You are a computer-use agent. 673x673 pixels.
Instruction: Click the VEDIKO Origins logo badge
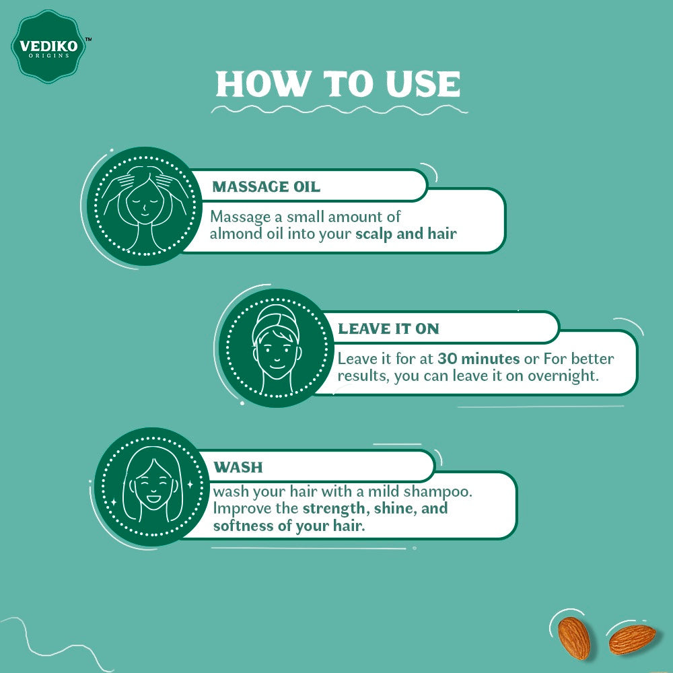click(x=48, y=46)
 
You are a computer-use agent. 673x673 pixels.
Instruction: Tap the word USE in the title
click(x=423, y=83)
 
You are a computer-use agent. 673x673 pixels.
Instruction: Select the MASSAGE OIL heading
click(x=266, y=186)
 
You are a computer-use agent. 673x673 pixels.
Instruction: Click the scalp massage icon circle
click(x=145, y=206)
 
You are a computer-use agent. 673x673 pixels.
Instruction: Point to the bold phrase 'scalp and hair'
click(x=406, y=234)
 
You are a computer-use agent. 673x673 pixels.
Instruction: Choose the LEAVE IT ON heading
click(x=388, y=329)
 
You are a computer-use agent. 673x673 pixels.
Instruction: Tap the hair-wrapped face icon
click(x=277, y=348)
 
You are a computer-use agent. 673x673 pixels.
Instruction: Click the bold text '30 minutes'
click(x=479, y=359)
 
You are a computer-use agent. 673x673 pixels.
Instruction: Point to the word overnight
click(x=563, y=376)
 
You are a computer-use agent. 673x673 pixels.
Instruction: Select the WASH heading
click(x=238, y=467)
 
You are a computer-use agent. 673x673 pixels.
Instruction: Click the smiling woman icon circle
click(x=151, y=487)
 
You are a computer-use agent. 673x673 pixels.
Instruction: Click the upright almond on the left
click(x=574, y=638)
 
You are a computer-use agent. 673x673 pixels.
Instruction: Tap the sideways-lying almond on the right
click(x=632, y=639)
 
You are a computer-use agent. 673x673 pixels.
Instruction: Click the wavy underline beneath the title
click(x=339, y=110)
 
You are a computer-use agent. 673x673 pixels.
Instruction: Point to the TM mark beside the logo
click(x=88, y=39)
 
